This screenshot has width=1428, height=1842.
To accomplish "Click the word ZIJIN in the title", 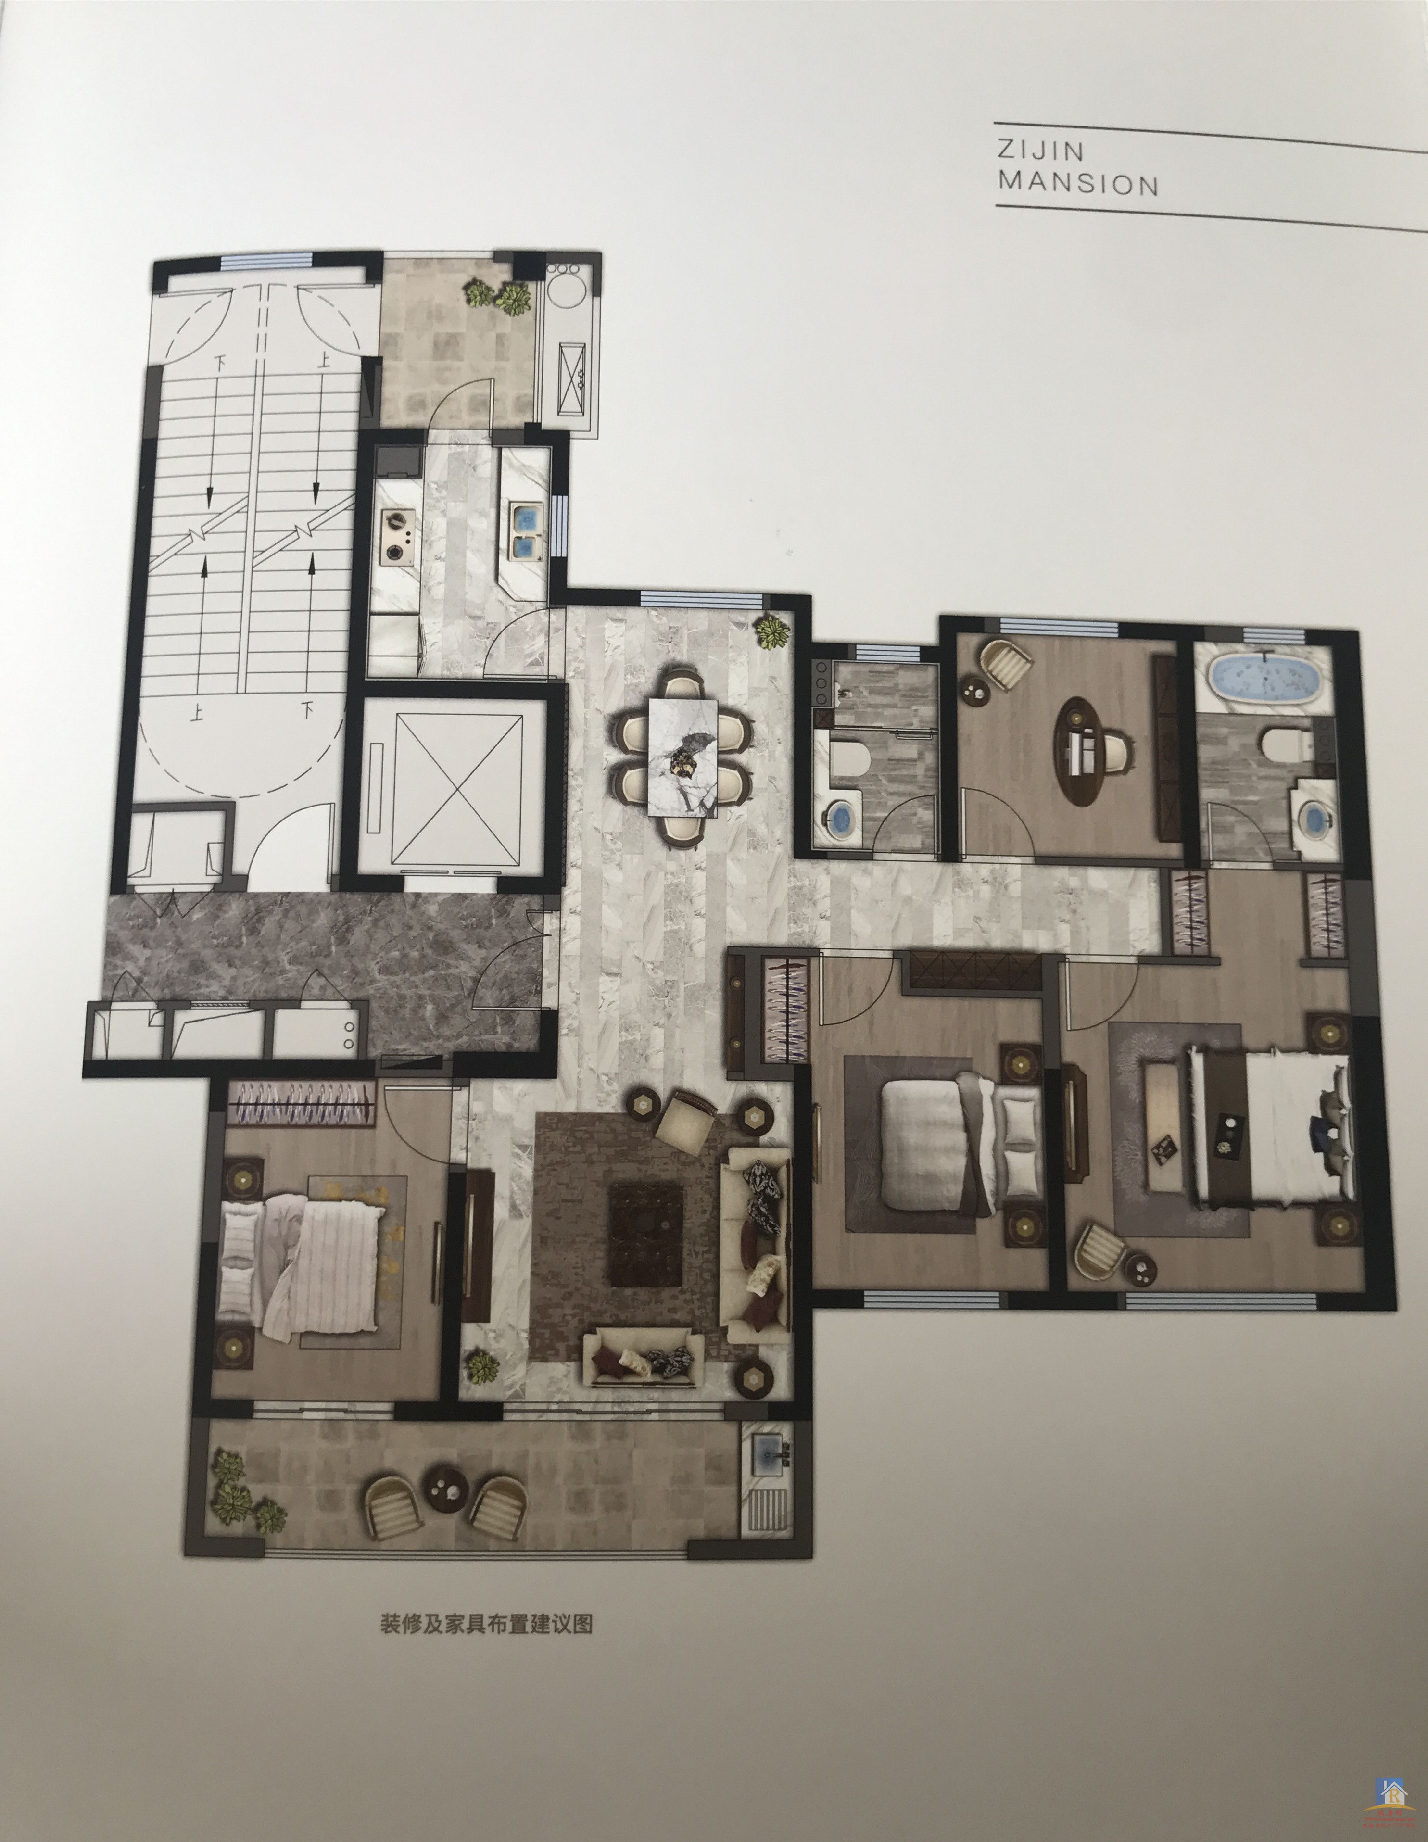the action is [x=1040, y=152].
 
